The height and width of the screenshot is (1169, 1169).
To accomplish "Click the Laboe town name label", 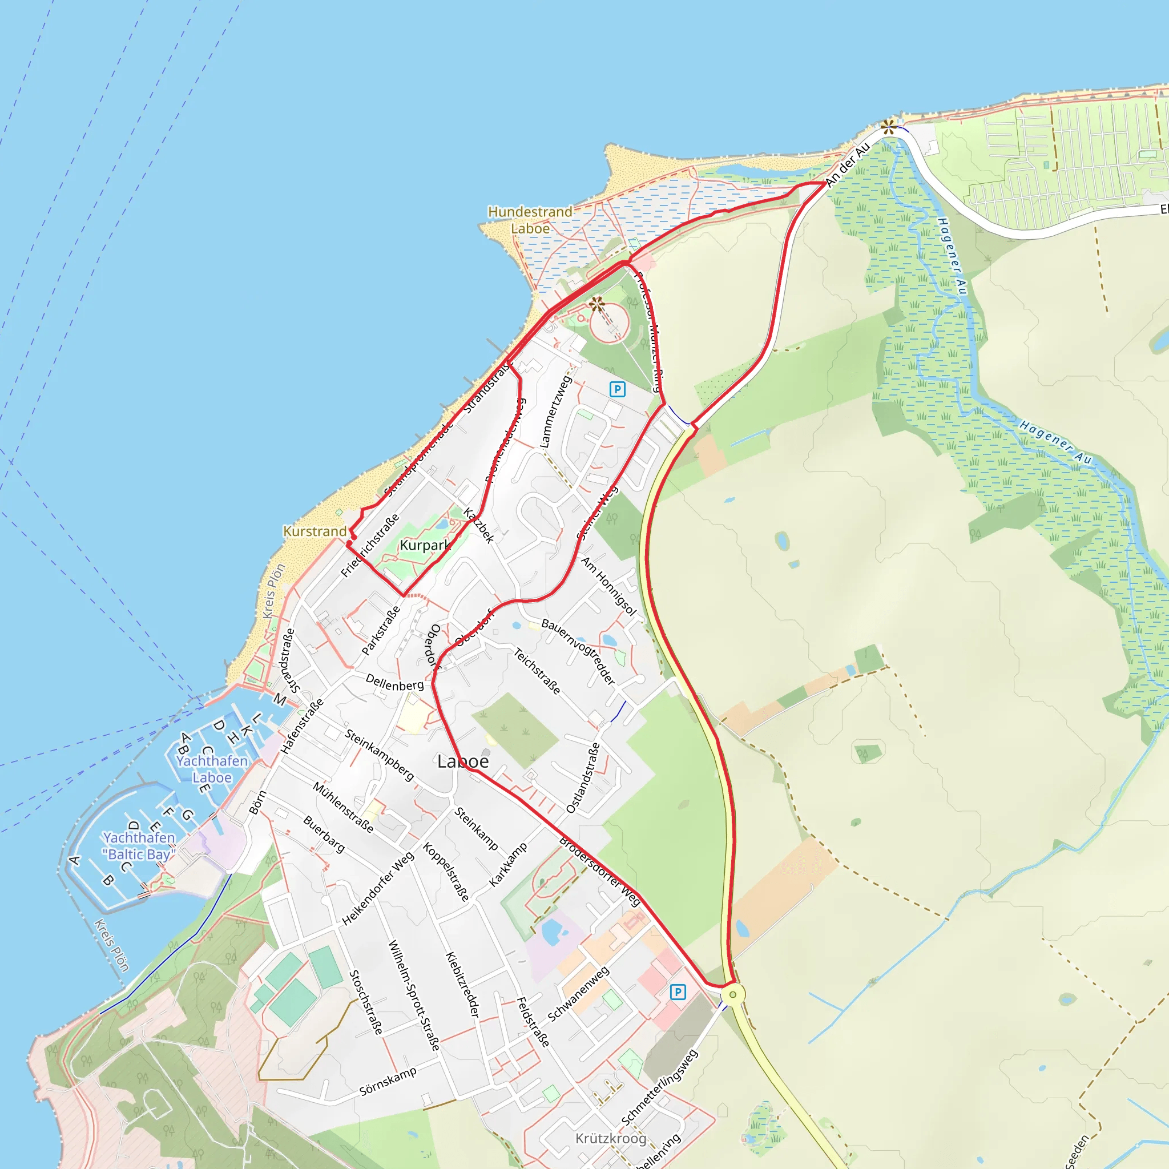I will [463, 761].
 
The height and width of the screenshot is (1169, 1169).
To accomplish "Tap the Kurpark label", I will [425, 545].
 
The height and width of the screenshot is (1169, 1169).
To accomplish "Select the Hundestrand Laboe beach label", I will [530, 220].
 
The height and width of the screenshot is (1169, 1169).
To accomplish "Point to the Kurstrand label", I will [315, 531].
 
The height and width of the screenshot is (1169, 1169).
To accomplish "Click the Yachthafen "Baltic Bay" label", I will [139, 846].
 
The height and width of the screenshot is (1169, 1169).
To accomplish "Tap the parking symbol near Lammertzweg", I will [617, 389].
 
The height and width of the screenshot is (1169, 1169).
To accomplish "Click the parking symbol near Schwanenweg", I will [678, 991].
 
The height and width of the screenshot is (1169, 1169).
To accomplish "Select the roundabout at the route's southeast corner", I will [733, 994].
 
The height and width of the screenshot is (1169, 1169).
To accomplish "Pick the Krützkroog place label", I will [611, 1138].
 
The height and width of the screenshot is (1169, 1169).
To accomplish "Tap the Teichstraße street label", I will [537, 671].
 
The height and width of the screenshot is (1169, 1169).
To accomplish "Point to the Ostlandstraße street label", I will [583, 777].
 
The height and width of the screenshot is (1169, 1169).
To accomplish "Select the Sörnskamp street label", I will [388, 1081].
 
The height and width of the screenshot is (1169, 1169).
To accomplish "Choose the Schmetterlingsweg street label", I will [659, 1087].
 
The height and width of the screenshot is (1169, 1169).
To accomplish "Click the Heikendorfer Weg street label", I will [378, 888].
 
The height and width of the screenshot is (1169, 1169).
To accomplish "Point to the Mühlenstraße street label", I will [343, 807].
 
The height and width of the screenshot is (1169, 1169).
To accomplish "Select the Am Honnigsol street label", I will [608, 586].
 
